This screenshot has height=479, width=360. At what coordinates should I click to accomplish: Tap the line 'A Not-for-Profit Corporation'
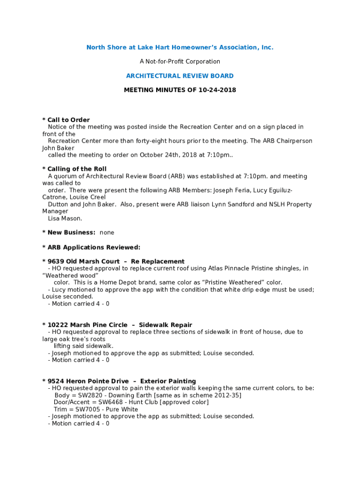point(180,61)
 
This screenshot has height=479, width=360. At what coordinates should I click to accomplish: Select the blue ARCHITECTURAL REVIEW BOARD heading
point(180,76)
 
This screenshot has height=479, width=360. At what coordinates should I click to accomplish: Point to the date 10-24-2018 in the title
point(217,90)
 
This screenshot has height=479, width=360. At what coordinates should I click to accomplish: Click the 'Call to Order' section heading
point(68,120)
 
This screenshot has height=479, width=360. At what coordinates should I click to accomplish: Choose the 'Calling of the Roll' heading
point(77,169)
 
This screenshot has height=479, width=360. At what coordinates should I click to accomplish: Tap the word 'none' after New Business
point(107,232)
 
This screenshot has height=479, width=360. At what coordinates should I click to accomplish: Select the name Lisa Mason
point(65,218)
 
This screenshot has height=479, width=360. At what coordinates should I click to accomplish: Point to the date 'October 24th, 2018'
point(167,155)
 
